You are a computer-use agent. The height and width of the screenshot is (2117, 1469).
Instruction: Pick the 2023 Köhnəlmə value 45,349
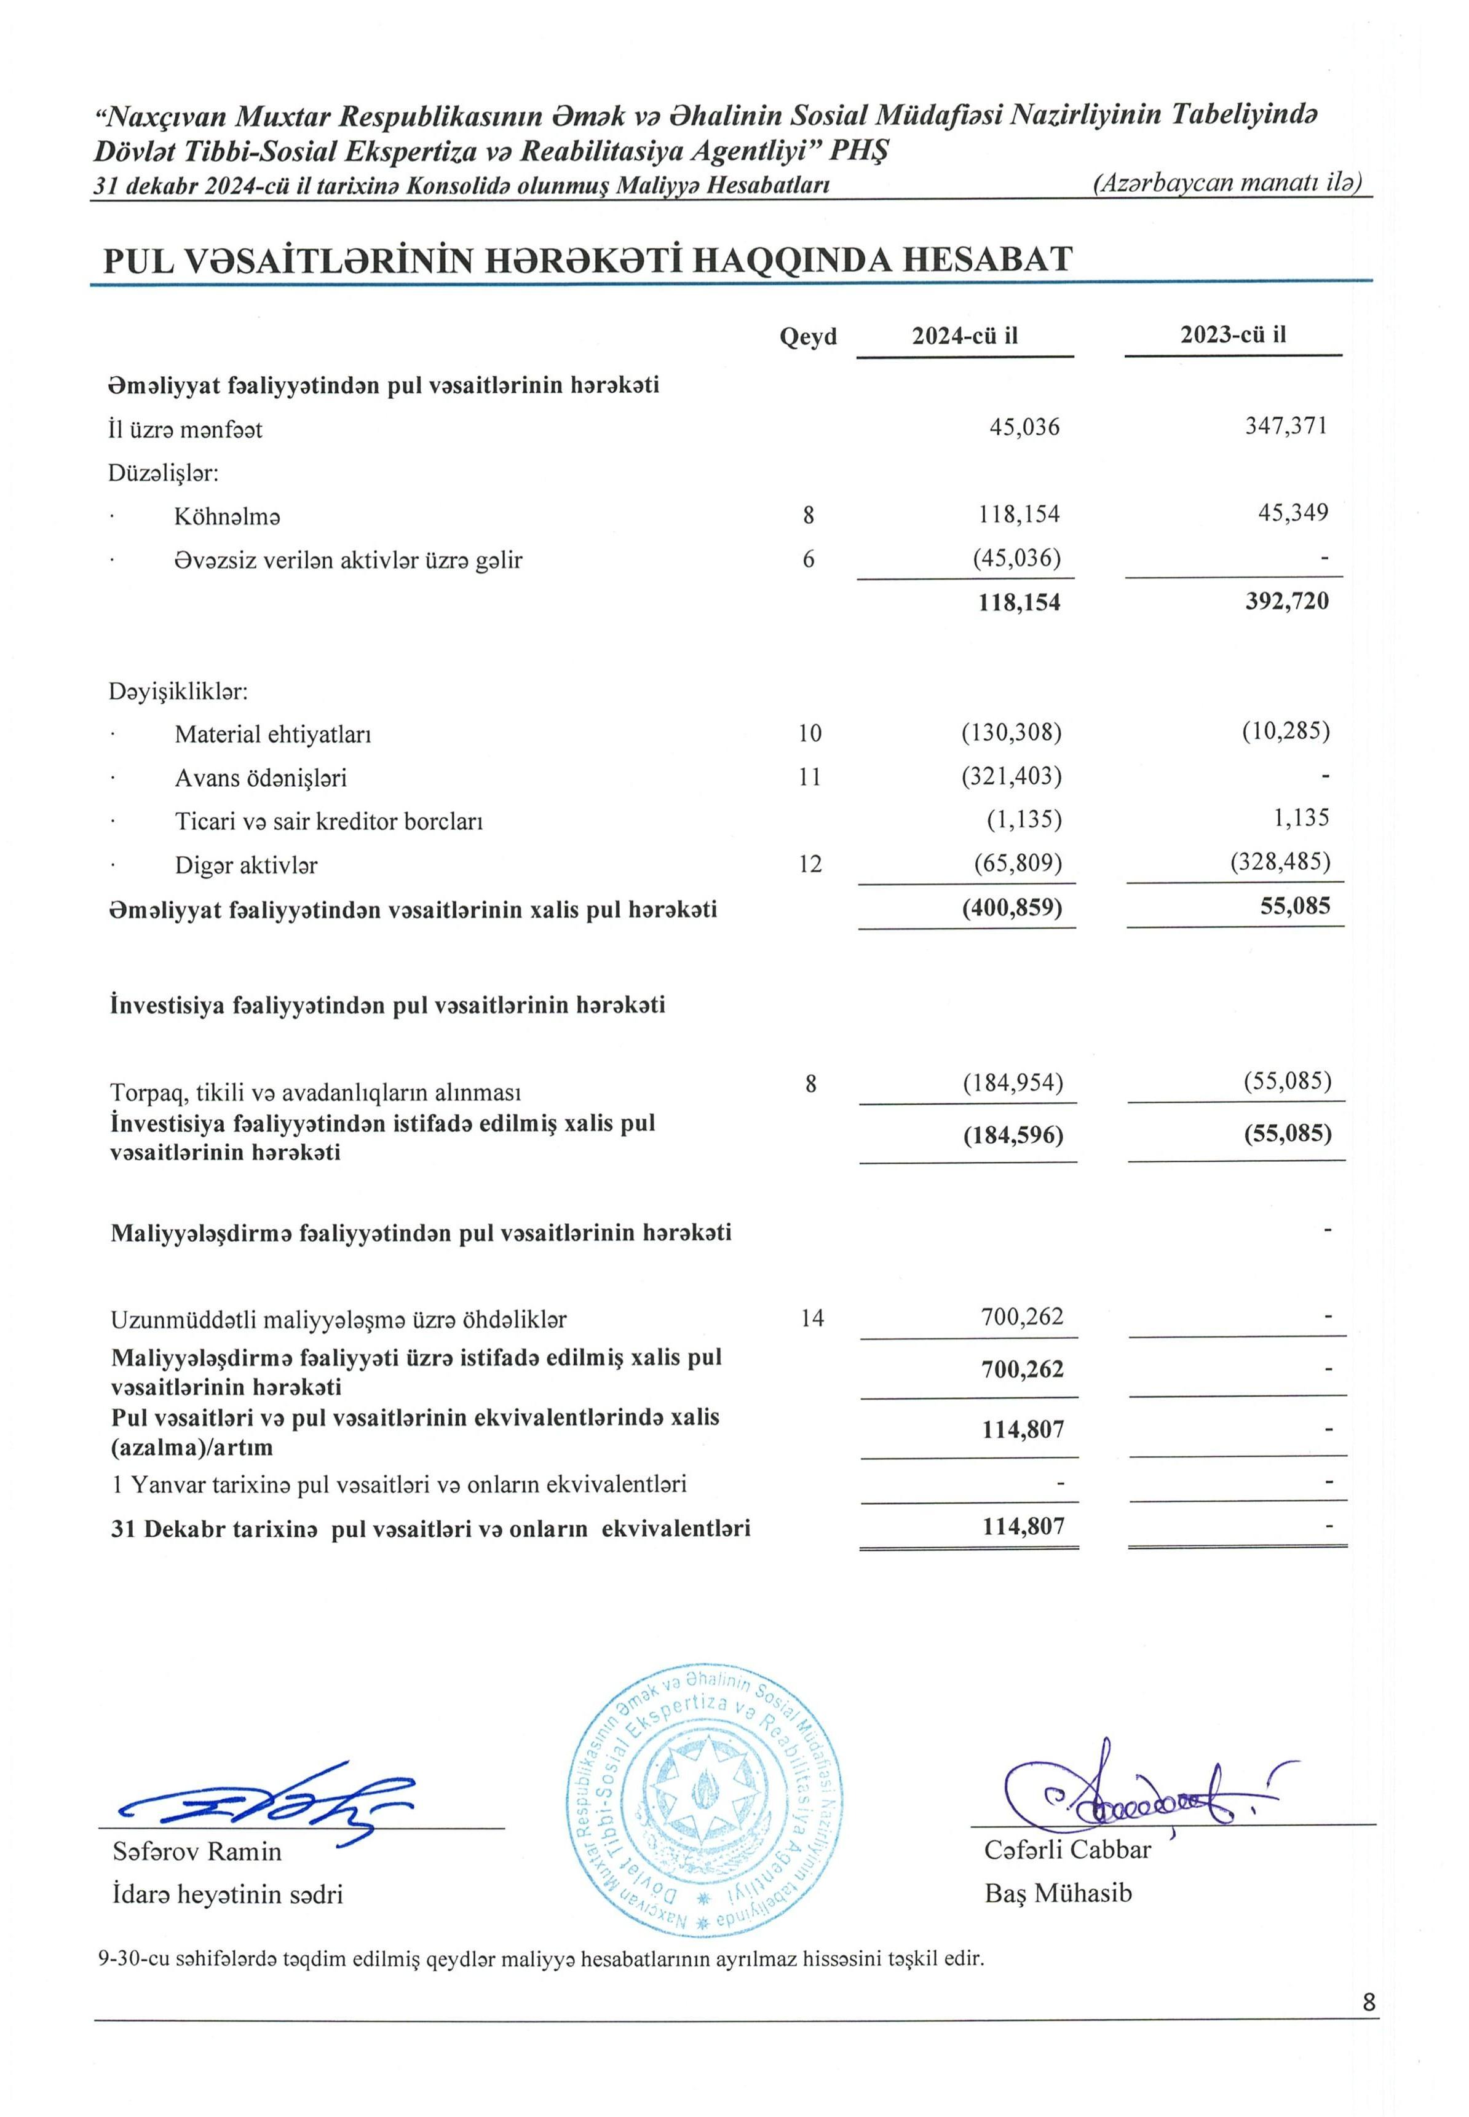click(x=1293, y=513)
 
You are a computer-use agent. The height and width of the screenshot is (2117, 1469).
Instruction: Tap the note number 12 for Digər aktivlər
click(x=810, y=863)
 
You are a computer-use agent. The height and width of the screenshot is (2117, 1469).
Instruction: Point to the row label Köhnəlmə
click(x=228, y=516)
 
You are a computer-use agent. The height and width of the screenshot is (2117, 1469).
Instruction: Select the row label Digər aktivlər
click(x=246, y=865)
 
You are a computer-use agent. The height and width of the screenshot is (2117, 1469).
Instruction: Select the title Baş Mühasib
click(x=1058, y=1893)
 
